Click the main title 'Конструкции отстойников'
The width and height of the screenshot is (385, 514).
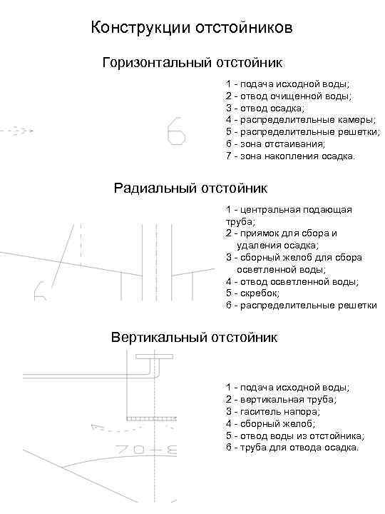point(192,29)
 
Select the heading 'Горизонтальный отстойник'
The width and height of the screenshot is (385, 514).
point(192,64)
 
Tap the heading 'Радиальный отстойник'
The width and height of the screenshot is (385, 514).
point(190,188)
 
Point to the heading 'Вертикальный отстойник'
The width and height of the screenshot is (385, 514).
point(194,336)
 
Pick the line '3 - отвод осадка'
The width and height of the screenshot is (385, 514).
point(265,108)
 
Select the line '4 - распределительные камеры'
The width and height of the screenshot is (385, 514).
point(301,120)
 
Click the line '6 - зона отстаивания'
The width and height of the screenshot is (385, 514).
point(275,143)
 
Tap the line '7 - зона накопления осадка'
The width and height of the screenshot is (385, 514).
point(289,156)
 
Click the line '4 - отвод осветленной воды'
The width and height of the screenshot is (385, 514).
point(292,281)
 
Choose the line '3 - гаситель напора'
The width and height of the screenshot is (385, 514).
point(273,411)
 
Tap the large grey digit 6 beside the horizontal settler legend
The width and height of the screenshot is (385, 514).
point(176,132)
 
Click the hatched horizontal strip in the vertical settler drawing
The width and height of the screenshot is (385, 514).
point(150,417)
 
